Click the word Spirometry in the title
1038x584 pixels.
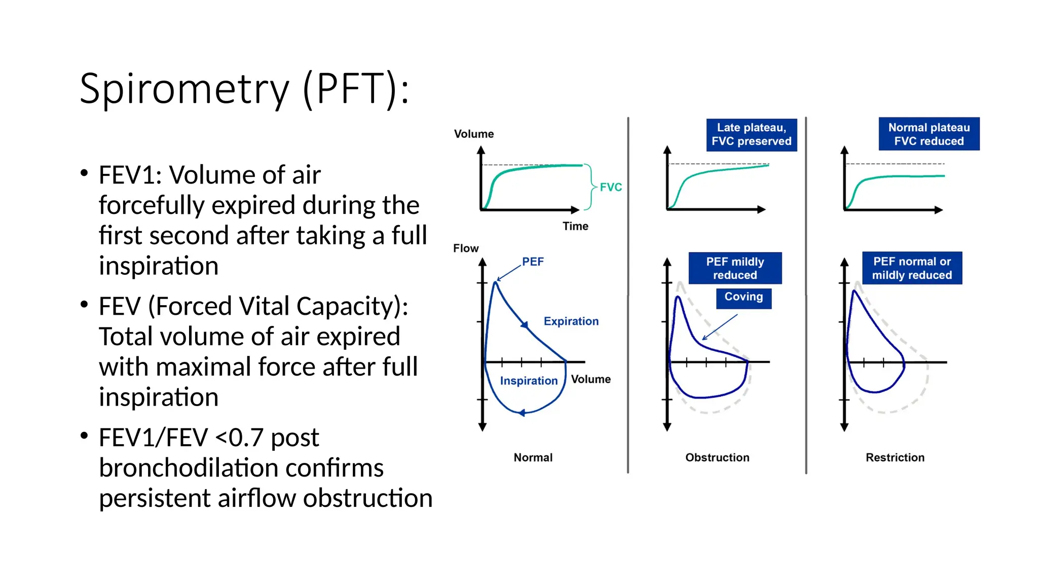click(x=184, y=89)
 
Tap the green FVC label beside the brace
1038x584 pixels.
click(x=611, y=187)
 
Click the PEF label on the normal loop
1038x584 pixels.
click(x=533, y=262)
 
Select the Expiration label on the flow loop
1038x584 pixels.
click(x=571, y=321)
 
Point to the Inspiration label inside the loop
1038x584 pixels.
click(x=529, y=381)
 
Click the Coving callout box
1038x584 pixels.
click(x=744, y=298)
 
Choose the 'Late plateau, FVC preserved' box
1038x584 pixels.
click(x=751, y=135)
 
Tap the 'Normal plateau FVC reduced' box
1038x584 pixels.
click(x=929, y=134)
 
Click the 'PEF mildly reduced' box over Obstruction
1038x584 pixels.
click(x=735, y=268)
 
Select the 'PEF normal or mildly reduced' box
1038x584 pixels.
click(x=912, y=268)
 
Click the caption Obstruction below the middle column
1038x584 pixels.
click(x=717, y=457)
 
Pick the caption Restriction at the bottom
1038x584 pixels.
click(x=895, y=457)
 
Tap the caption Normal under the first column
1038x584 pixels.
click(x=533, y=457)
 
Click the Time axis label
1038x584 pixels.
click(x=575, y=226)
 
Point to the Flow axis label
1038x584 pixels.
click(x=465, y=248)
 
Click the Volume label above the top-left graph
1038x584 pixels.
click(x=473, y=134)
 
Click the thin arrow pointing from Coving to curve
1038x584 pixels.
click(x=720, y=327)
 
